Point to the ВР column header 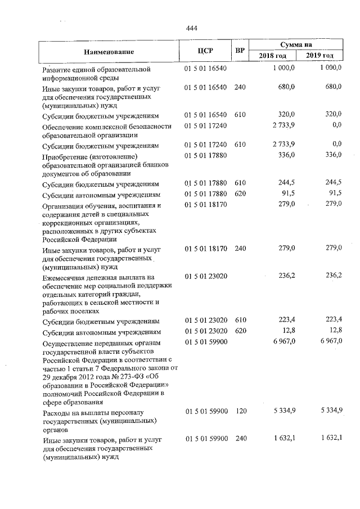click(240, 51)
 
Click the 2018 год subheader click(273, 56)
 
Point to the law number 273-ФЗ click(116, 377)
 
